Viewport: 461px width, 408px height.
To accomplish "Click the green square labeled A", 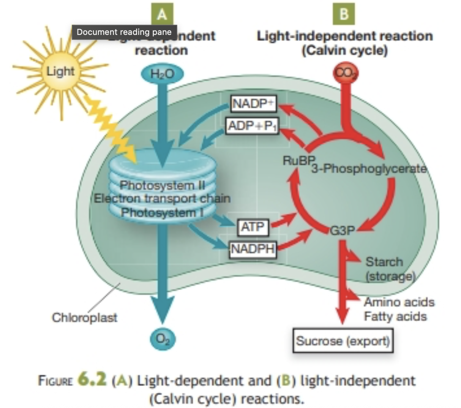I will (162, 14).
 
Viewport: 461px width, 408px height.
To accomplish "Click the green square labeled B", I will (344, 14).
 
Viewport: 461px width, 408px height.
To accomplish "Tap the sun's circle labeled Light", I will (60, 71).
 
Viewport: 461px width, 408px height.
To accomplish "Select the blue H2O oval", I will (162, 74).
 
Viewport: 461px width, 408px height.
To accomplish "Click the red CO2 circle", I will (346, 73).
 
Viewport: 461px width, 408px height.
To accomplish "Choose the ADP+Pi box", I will (253, 126).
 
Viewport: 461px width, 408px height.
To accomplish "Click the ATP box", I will (253, 227).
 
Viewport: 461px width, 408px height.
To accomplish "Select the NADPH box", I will (253, 249).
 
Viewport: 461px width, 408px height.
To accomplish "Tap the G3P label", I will (342, 231).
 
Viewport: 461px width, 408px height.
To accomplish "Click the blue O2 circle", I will (163, 338).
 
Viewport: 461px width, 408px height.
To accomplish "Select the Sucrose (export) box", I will (343, 341).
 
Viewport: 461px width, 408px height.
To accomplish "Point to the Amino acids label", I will (399, 302).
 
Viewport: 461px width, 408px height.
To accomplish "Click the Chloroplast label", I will (84, 317).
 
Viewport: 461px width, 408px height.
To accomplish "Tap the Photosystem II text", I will (162, 185).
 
